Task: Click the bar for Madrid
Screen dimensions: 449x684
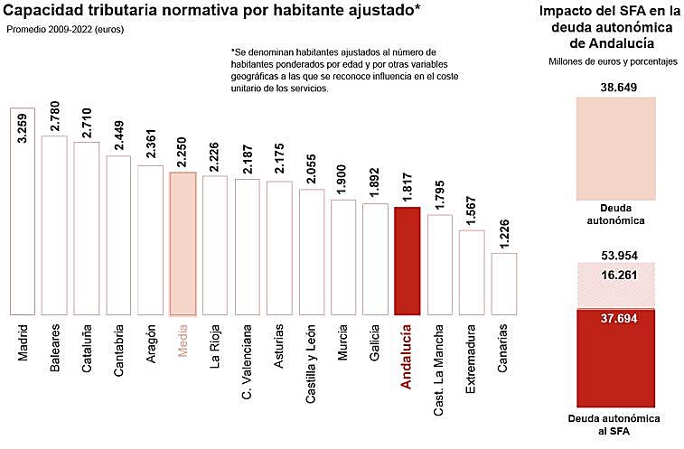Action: [x=22, y=212]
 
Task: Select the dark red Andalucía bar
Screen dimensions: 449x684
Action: [x=408, y=262]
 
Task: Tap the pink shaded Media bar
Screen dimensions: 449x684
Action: [x=183, y=244]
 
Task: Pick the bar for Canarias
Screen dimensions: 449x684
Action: [x=504, y=285]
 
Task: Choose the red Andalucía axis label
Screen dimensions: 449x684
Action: [x=408, y=357]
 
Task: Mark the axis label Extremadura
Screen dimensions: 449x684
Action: [x=472, y=361]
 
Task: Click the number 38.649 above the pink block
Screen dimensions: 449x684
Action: [x=616, y=88]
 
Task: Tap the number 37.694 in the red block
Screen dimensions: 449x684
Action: [x=616, y=317]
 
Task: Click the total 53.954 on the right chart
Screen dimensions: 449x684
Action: [x=616, y=254]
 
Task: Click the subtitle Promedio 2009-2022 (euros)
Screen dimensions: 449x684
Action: [x=65, y=30]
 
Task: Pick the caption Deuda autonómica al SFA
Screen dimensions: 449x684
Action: [x=616, y=426]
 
